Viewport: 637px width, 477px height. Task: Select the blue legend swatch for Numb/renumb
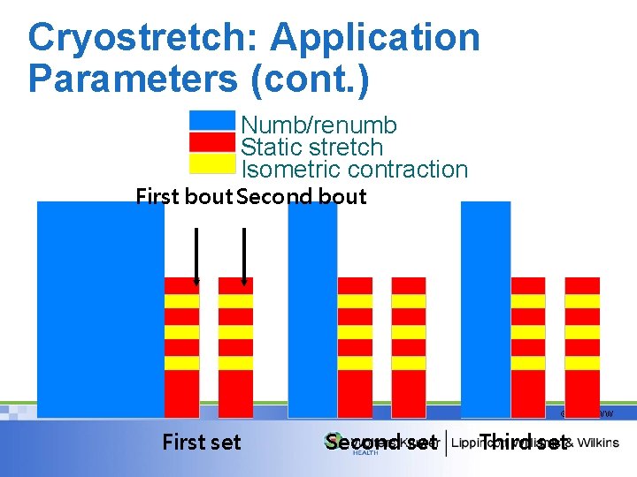[212, 120]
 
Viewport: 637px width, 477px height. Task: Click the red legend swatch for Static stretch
[212, 142]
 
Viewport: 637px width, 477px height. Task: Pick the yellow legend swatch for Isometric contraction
[212, 163]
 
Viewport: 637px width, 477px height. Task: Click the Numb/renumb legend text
[318, 125]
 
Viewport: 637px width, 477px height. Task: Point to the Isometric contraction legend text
[354, 169]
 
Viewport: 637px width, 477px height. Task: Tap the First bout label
[184, 196]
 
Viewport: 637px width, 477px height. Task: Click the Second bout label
[302, 196]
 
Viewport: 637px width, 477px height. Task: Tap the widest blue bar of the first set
[100, 309]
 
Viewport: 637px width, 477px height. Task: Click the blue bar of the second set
[312, 309]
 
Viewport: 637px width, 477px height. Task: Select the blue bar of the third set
[486, 309]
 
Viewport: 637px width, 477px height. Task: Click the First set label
[201, 442]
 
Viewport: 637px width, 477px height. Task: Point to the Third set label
[523, 442]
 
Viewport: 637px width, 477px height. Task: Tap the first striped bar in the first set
[182, 346]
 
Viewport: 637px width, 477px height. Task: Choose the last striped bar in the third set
[582, 346]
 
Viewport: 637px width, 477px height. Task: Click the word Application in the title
[375, 37]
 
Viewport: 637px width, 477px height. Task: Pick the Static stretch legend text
[311, 148]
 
